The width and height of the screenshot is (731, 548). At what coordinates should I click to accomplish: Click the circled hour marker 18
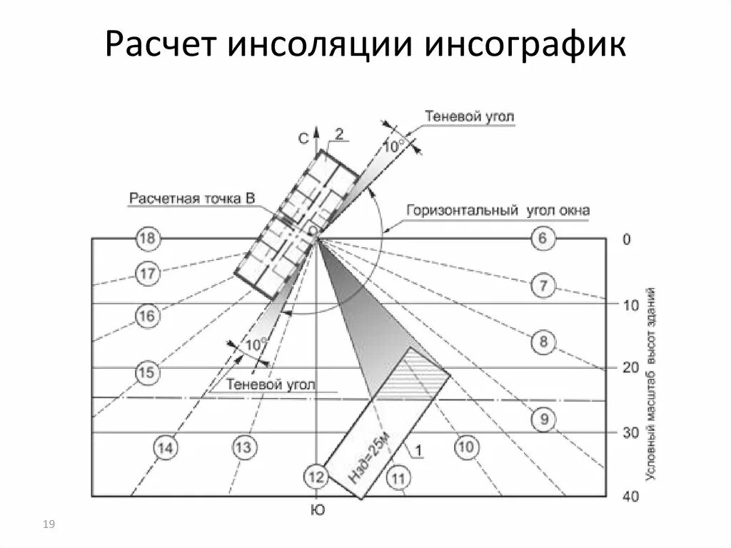pyautogui.click(x=147, y=239)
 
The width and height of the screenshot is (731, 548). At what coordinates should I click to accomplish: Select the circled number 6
pyautogui.click(x=543, y=239)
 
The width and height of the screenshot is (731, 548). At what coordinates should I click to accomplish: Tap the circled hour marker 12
pyautogui.click(x=316, y=476)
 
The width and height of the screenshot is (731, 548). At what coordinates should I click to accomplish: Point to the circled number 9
pyautogui.click(x=544, y=419)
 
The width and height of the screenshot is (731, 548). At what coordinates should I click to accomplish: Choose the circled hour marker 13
pyautogui.click(x=243, y=447)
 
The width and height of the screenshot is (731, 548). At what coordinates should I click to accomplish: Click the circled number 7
pyautogui.click(x=543, y=287)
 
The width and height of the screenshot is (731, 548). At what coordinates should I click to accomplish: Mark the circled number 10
pyautogui.click(x=465, y=447)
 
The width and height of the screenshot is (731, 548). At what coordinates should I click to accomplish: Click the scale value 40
pyautogui.click(x=631, y=497)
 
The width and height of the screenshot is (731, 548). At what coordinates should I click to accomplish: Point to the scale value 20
pyautogui.click(x=630, y=367)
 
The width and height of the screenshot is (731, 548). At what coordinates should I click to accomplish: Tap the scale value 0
pyautogui.click(x=626, y=239)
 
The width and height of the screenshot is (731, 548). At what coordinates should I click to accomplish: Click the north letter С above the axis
pyautogui.click(x=303, y=139)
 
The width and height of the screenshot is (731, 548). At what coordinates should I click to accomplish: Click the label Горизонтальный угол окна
pyautogui.click(x=498, y=211)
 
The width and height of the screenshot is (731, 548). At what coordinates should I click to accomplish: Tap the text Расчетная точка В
pyautogui.click(x=191, y=199)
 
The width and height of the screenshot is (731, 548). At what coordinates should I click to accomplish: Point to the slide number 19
pyautogui.click(x=49, y=526)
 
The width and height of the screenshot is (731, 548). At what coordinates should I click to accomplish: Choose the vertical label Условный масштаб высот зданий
pyautogui.click(x=651, y=384)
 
